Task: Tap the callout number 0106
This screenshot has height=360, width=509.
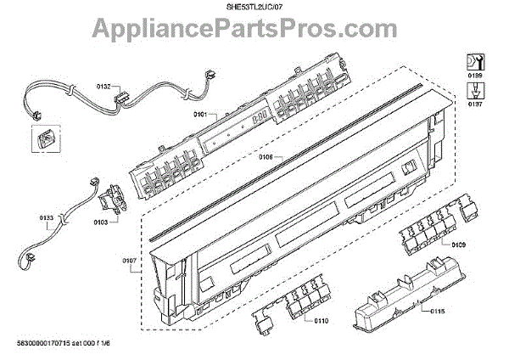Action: tap(266, 156)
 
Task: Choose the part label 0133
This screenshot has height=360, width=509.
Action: tap(47, 218)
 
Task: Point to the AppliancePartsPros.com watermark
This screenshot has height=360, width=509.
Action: tap(255, 32)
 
